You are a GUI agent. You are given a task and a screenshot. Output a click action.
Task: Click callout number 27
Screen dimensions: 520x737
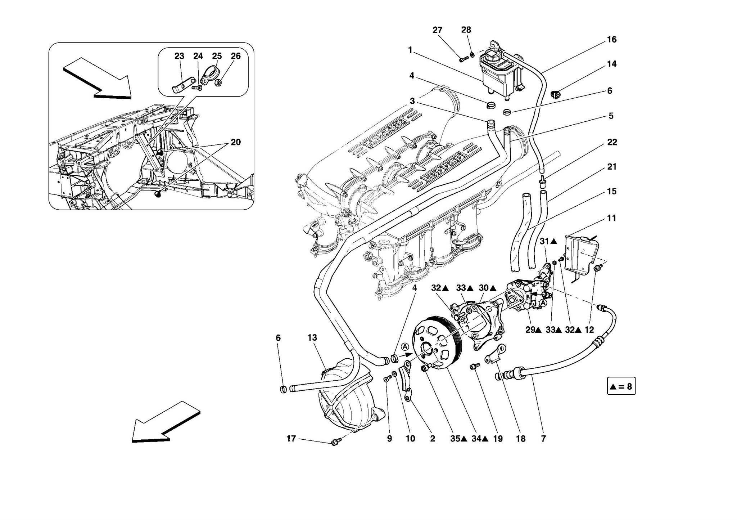click(437, 30)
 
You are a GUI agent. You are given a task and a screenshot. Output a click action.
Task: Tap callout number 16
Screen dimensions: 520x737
click(611, 40)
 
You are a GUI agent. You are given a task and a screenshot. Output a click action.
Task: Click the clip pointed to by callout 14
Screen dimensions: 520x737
click(555, 95)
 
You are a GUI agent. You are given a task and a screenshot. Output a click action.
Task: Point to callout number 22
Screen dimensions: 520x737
click(612, 142)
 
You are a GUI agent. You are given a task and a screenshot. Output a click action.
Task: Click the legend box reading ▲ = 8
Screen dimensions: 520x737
click(621, 386)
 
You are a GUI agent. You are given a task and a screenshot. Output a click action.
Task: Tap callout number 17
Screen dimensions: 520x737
click(291, 439)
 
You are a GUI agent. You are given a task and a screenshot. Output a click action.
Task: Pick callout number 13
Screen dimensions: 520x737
click(312, 338)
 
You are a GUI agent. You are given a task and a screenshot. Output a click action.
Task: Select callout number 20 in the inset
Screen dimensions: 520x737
click(236, 142)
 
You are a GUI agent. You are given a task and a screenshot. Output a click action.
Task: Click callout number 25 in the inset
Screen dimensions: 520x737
click(217, 56)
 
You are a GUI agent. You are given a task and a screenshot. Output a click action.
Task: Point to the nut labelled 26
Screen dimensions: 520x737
click(218, 83)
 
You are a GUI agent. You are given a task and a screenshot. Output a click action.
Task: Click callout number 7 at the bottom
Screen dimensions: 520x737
click(543, 439)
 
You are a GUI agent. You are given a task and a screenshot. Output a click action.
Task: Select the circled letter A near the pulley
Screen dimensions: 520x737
click(405, 346)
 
